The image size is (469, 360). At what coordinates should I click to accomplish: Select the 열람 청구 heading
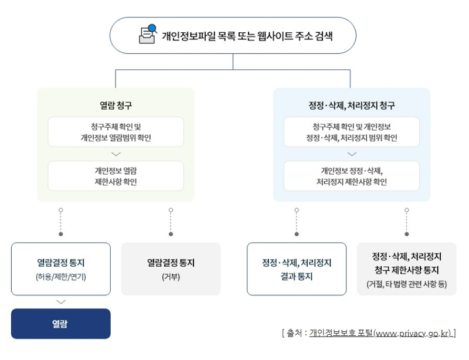coord(115,106)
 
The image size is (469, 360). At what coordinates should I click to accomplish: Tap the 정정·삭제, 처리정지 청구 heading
coord(351,106)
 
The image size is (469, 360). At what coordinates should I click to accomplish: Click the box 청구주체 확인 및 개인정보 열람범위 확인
coord(115,132)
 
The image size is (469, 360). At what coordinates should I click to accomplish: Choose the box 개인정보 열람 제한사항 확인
coord(115,176)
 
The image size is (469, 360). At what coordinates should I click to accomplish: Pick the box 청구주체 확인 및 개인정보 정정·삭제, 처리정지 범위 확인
coord(351,132)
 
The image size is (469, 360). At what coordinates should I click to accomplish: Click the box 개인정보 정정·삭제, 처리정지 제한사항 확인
coord(351,176)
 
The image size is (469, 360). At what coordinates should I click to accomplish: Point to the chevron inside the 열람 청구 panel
coord(115,154)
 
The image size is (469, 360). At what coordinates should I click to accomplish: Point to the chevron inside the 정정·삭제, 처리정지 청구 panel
coord(351,154)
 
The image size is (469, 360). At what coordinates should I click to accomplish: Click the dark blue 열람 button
coord(60,324)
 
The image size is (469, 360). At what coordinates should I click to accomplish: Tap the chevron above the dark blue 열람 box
coord(60,302)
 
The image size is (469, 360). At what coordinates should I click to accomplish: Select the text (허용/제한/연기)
coord(60,276)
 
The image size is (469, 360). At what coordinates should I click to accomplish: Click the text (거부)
coord(171,276)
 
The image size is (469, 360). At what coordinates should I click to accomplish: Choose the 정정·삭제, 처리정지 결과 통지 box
coord(296,269)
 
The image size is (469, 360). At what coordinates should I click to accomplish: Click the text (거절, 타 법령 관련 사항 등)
coord(406,284)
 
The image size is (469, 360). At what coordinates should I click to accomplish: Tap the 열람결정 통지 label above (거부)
coord(171,263)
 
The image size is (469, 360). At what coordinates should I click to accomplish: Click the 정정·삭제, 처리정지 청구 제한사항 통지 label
coord(406,263)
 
